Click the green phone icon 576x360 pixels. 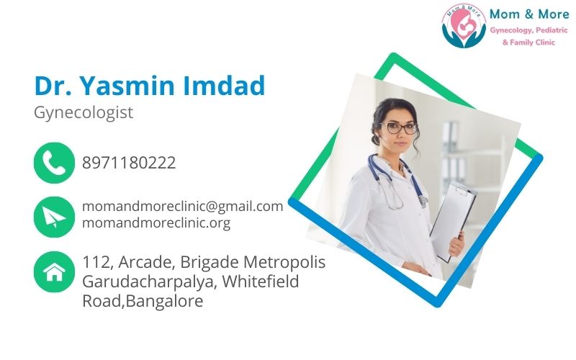54,163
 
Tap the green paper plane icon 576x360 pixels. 54,217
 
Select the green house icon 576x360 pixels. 54,272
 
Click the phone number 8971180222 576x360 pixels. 129,163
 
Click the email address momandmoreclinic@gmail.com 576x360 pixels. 183,207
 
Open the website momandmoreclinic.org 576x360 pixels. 156,222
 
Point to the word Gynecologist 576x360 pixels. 84,113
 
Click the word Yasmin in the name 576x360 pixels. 127,86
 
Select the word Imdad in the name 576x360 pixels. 224,86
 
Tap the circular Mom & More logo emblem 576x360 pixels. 464,26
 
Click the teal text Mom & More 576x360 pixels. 529,14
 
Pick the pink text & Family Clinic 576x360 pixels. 528,42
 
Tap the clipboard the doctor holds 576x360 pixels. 453,220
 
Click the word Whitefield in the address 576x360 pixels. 261,282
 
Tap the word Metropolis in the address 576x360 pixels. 284,263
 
